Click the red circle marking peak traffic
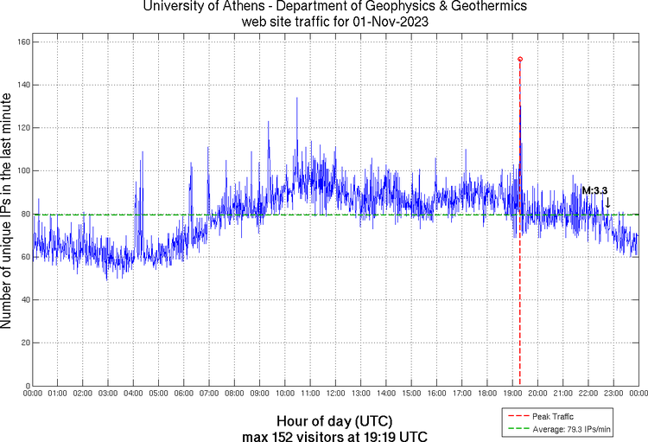click(520, 59)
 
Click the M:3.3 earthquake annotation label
click(594, 190)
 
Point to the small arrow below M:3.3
click(607, 202)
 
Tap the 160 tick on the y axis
click(24, 42)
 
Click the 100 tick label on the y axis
click(24, 170)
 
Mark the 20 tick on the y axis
click(27, 343)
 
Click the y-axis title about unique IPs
click(8, 213)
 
